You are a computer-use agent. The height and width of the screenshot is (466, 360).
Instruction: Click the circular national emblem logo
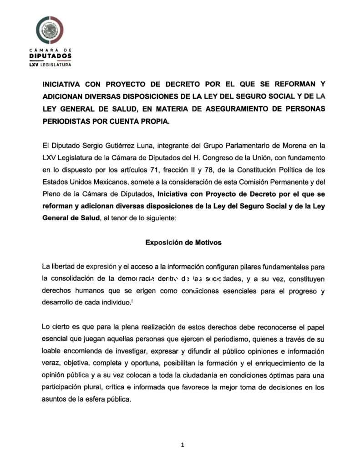pos(50,30)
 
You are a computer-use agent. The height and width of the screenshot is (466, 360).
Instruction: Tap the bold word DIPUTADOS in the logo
pos(50,56)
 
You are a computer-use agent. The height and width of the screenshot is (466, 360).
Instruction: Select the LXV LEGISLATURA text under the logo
pos(50,64)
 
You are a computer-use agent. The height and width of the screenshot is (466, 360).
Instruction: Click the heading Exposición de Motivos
pos(183,243)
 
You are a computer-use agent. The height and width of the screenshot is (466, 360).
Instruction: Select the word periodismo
pos(201,339)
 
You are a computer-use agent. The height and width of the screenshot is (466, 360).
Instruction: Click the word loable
pos(52,351)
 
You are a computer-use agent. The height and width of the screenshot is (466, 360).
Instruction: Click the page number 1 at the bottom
pos(183,445)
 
